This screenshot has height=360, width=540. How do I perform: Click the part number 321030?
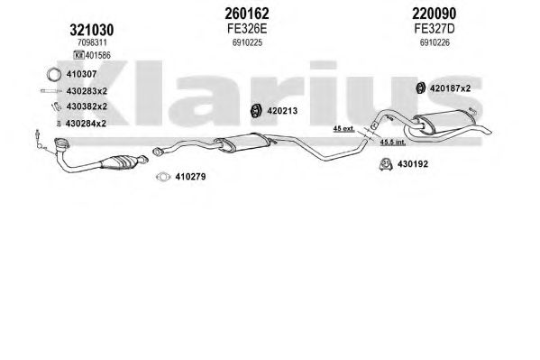point(92,31)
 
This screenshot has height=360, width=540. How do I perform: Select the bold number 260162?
point(247,14)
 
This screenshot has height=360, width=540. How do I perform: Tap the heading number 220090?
point(435,14)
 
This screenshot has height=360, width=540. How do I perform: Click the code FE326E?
point(247,29)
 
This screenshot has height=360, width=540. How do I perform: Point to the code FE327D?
point(435,29)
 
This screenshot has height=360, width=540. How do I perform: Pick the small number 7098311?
point(92,42)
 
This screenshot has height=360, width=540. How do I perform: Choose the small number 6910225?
point(247,42)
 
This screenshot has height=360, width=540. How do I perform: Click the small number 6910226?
point(435,42)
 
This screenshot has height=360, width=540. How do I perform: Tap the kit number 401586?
point(97,55)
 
